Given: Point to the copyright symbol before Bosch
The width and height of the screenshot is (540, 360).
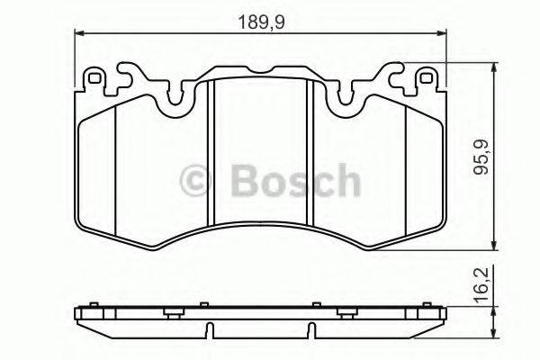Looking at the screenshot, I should [199, 183].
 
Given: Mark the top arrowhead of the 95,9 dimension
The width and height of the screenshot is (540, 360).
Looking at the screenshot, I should [493, 68].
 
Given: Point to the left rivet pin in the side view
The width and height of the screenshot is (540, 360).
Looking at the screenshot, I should [170, 312].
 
